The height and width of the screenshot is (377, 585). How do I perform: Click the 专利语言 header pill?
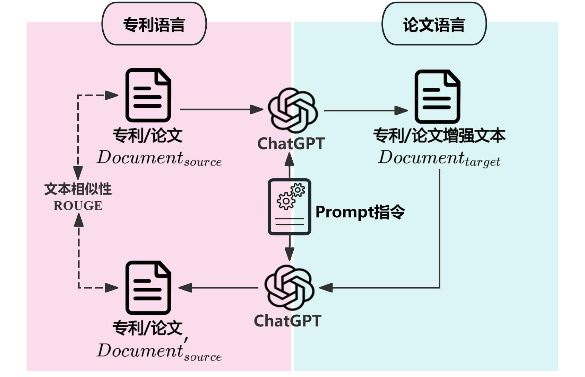click(x=154, y=24)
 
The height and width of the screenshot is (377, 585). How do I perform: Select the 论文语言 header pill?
click(x=434, y=24)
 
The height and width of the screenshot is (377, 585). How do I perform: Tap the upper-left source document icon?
click(x=148, y=95)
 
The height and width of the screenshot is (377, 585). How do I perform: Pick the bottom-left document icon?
click(x=148, y=288)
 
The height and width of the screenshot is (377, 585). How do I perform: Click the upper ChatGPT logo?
click(x=292, y=110)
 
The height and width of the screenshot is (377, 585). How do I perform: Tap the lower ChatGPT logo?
click(x=289, y=288)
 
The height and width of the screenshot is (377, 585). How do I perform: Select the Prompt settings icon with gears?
click(x=289, y=207)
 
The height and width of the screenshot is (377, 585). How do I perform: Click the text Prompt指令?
click(x=360, y=212)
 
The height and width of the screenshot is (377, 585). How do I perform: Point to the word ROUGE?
click(x=78, y=206)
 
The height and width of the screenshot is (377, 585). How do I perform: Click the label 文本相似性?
click(x=78, y=189)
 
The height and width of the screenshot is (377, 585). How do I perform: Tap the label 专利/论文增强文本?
click(x=439, y=135)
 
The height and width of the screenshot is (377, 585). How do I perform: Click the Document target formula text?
click(x=439, y=158)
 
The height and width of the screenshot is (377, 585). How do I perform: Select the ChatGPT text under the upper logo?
click(x=291, y=143)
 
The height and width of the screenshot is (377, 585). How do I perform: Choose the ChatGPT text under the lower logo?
click(x=287, y=321)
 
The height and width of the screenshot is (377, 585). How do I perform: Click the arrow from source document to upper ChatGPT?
click(x=221, y=109)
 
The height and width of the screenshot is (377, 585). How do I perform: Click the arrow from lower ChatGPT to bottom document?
click(x=218, y=288)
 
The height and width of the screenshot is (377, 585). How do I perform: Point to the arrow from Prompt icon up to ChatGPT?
click(x=289, y=166)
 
